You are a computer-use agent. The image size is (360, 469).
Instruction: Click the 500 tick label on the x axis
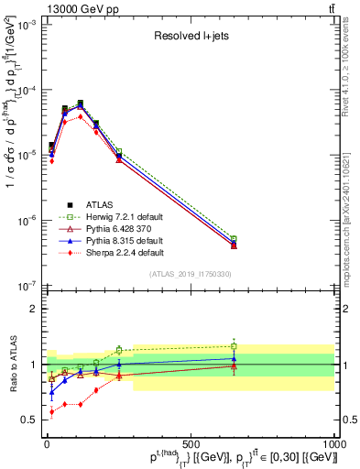[x=191, y=444]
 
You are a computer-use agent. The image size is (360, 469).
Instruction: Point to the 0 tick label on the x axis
[x=47, y=444]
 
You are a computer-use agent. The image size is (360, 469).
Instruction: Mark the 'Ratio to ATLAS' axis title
[x=12, y=366]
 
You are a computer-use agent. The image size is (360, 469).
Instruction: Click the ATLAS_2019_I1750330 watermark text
[x=191, y=274]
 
